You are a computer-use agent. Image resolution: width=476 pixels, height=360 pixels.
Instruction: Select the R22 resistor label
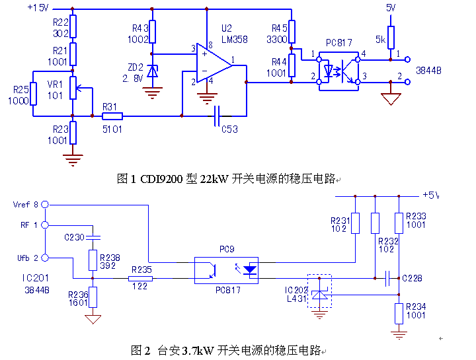(x=61, y=22)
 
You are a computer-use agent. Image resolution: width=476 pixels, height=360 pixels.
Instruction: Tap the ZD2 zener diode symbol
(x=153, y=71)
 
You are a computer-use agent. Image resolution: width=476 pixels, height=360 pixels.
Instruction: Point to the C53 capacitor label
(x=229, y=129)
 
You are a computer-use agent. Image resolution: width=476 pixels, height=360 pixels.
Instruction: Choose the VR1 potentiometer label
(x=55, y=85)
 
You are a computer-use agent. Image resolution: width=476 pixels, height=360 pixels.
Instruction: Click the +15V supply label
(x=38, y=8)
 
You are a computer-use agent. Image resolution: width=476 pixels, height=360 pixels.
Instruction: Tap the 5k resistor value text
(x=380, y=40)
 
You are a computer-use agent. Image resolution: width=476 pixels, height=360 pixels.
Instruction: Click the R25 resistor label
(x=21, y=90)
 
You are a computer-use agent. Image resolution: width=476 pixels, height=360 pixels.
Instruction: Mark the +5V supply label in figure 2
(x=430, y=195)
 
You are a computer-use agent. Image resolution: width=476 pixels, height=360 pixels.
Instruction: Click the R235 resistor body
(x=141, y=279)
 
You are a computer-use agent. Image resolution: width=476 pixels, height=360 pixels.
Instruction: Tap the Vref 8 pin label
(x=26, y=204)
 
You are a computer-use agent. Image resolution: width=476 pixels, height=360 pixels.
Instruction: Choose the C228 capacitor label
(x=413, y=278)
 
